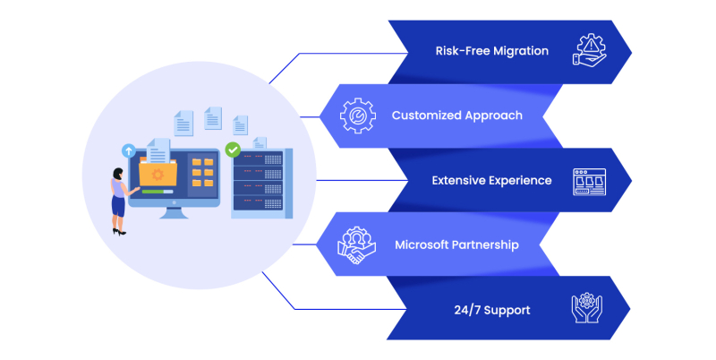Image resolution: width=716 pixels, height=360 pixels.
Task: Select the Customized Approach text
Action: pos(456,116)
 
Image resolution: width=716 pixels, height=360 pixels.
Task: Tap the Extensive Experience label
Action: pos(491,180)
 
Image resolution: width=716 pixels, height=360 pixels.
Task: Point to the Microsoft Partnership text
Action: pos(456,244)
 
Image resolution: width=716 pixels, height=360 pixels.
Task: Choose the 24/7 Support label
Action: pos(491,310)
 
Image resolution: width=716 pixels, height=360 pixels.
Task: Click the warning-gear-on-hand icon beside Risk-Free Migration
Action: pos(591,50)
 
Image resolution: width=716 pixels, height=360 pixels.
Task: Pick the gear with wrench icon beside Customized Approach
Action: pos(358,116)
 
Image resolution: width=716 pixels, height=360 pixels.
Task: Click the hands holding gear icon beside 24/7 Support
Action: pos(589,309)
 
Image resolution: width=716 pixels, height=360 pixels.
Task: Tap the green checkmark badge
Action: pos(233,150)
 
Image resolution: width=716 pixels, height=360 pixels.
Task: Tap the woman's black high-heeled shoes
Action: pos(119,231)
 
